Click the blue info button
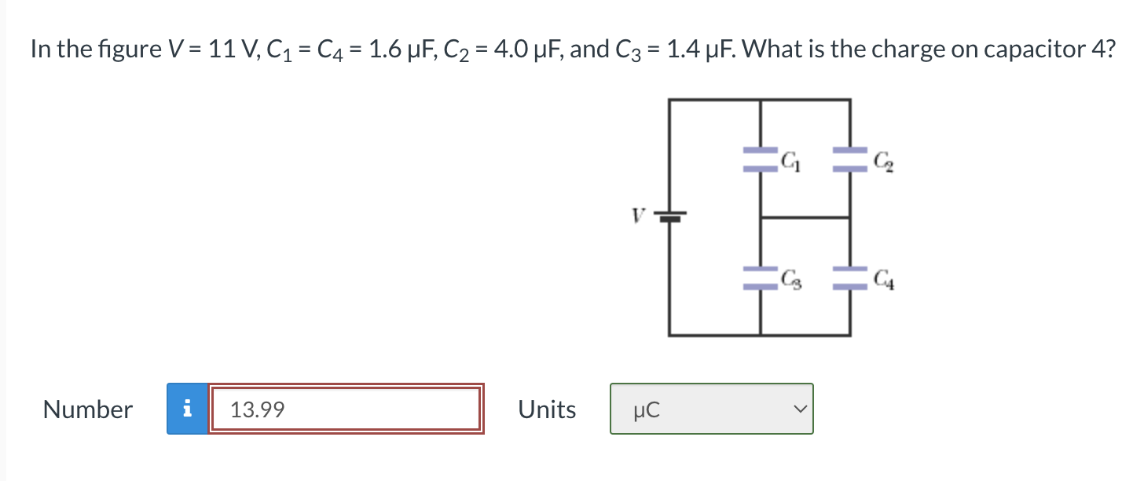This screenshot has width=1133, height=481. [x=187, y=409]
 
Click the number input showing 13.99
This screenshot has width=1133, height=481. [x=346, y=409]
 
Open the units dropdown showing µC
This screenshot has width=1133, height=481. [x=711, y=409]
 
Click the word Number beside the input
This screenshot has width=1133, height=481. [x=88, y=409]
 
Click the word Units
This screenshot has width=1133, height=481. [x=547, y=409]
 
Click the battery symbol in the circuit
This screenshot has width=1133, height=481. [x=670, y=216]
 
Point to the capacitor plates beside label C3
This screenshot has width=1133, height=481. [x=760, y=276]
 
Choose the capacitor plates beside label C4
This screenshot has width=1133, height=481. [x=850, y=276]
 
